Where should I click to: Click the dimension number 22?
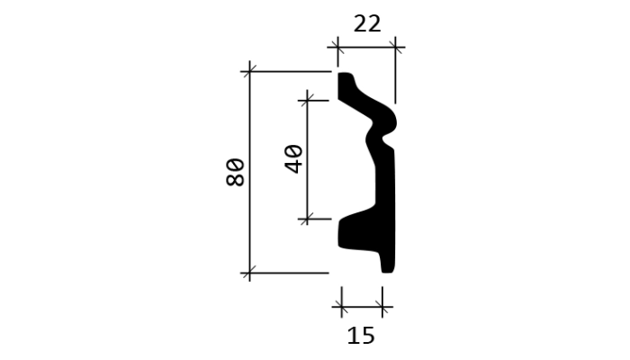pyautogui.click(x=367, y=24)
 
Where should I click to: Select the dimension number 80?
pyautogui.click(x=236, y=173)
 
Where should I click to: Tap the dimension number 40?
pyautogui.click(x=294, y=159)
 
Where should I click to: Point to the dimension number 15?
pyautogui.click(x=361, y=336)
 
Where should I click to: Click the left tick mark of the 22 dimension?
pyautogui.click(x=337, y=48)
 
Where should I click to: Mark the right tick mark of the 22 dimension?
pyautogui.click(x=395, y=48)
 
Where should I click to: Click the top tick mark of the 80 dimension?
pyautogui.click(x=249, y=71)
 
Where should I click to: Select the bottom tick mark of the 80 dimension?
pyautogui.click(x=249, y=274)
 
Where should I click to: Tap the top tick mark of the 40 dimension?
pyautogui.click(x=308, y=101)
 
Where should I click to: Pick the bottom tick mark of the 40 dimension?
pyautogui.click(x=308, y=220)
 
